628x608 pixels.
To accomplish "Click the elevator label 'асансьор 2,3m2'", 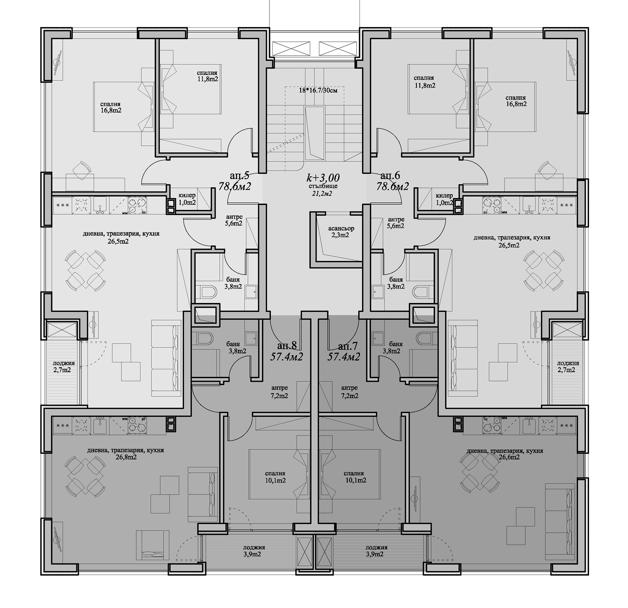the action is pyautogui.click(x=341, y=231).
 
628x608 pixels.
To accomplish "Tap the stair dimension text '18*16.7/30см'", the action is pyautogui.click(x=318, y=90).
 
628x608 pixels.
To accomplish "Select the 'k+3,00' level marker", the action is pyautogui.click(x=323, y=177).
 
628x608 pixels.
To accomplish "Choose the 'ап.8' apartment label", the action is pyautogui.click(x=287, y=346).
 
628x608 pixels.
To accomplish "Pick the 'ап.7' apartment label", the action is pyautogui.click(x=348, y=346).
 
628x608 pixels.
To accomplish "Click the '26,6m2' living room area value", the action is pyautogui.click(x=509, y=457).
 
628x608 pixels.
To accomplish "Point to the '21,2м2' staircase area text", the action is pyautogui.click(x=323, y=193).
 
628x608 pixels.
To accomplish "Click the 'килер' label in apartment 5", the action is pyautogui.click(x=187, y=195).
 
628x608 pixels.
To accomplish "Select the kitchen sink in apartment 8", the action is pyautogui.click(x=100, y=426).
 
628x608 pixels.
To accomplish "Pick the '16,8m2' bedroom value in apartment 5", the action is pyautogui.click(x=111, y=110).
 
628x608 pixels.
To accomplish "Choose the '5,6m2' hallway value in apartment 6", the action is pyautogui.click(x=395, y=226).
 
